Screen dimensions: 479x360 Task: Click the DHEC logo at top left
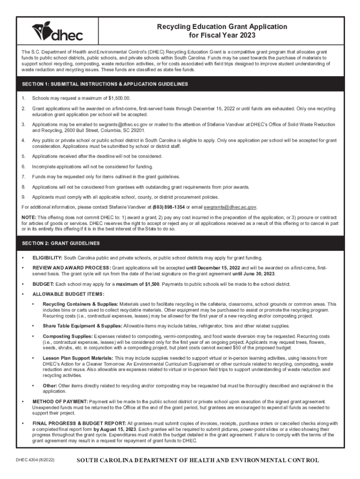(57, 31)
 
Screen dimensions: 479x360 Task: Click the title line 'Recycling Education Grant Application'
(222, 27)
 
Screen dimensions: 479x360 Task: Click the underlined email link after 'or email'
(230, 206)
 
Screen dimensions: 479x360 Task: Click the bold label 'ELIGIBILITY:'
(47, 258)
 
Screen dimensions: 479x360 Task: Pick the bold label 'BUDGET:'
(43, 284)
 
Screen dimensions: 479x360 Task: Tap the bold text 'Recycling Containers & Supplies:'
(80, 305)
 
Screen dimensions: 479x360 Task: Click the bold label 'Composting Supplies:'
(68, 336)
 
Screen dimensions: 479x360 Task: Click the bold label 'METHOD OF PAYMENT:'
(60, 402)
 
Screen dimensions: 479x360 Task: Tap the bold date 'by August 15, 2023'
(115, 429)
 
